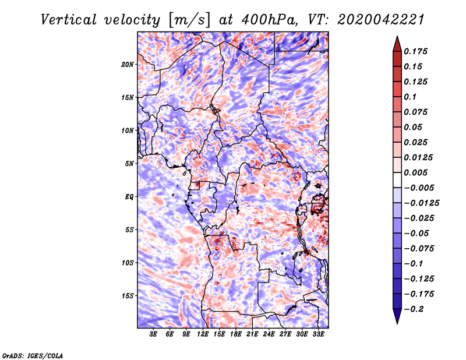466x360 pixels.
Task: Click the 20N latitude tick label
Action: [x=128, y=64]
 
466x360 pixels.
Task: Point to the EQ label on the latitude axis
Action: [x=130, y=196]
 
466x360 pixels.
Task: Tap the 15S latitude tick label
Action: [x=128, y=295]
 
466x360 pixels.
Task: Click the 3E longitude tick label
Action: [x=154, y=334]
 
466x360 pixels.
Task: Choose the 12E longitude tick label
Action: [x=203, y=334]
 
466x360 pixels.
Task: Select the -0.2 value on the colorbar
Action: [x=416, y=309]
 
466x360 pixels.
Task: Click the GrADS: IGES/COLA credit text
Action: [x=32, y=355]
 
